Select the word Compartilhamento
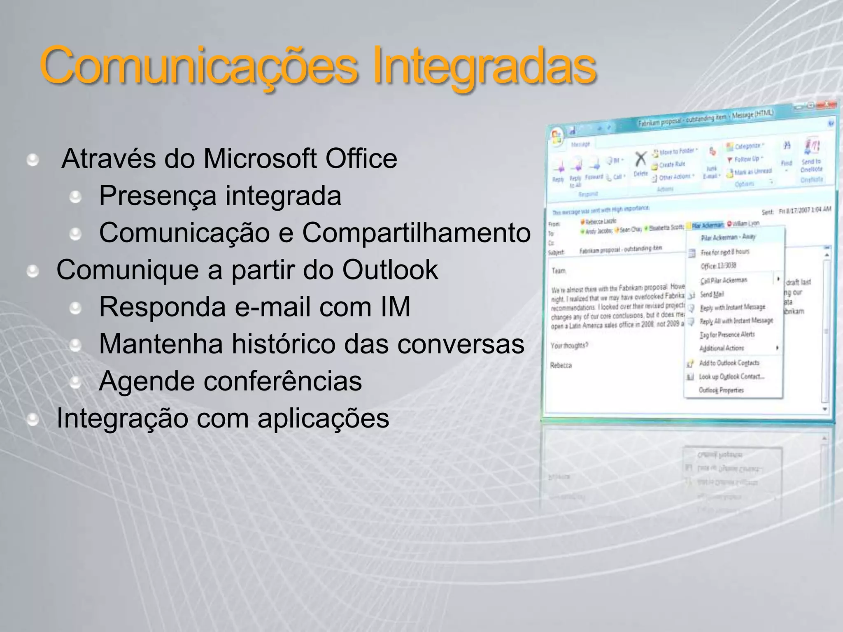click(416, 233)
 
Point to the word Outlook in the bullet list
click(390, 270)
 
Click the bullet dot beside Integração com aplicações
click(33, 419)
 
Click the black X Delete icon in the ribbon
click(641, 160)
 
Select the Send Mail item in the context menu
click(712, 294)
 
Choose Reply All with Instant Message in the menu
click(736, 321)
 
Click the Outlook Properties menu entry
click(721, 390)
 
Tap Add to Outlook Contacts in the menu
click(729, 363)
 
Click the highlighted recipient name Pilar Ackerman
click(707, 225)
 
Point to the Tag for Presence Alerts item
click(727, 335)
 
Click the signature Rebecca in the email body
click(561, 365)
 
